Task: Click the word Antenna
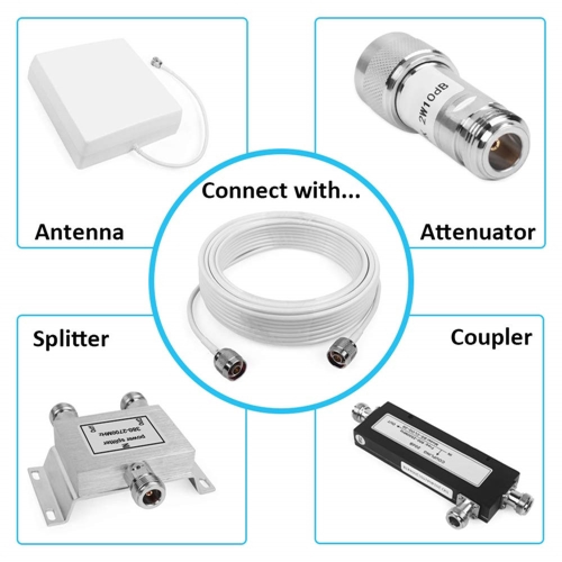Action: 79,231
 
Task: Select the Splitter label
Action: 70,339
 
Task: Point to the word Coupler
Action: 491,337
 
